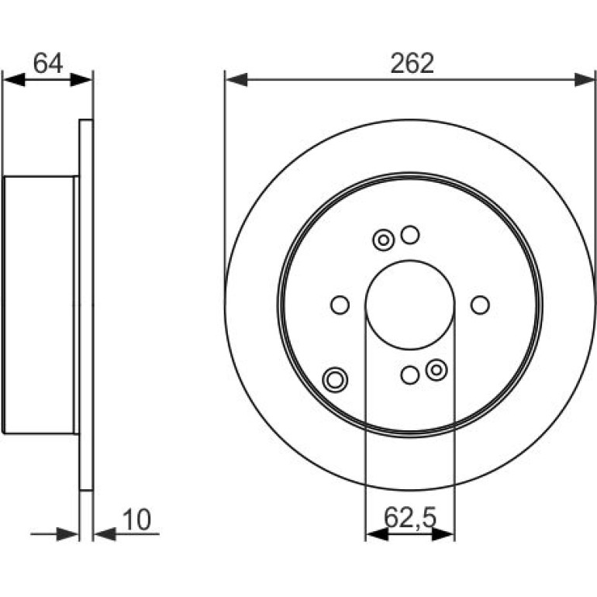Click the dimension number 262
(x=412, y=64)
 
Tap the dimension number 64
(x=47, y=63)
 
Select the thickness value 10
(x=136, y=519)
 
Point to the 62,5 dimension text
(x=410, y=517)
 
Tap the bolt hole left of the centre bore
(x=340, y=305)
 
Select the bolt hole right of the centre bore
(x=480, y=305)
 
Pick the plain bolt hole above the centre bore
(x=410, y=234)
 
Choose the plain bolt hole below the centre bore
(x=410, y=375)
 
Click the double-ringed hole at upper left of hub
(x=384, y=240)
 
